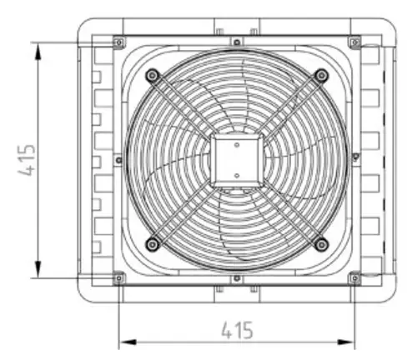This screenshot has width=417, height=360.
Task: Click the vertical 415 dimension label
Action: tap(27, 160)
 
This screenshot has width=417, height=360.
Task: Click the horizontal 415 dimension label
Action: tap(238, 330)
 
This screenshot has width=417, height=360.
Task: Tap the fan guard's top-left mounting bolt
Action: tap(153, 75)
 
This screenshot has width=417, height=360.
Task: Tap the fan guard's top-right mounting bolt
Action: tap(322, 75)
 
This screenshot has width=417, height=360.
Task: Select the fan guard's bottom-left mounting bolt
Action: tap(153, 245)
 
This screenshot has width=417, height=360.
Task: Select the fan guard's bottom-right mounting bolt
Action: tap(322, 245)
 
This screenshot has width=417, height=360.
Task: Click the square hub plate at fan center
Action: tap(237, 160)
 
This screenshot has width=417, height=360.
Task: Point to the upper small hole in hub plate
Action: tap(237, 145)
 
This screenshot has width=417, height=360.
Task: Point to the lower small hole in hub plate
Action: tap(237, 176)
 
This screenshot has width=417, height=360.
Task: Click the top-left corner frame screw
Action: tap(119, 42)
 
